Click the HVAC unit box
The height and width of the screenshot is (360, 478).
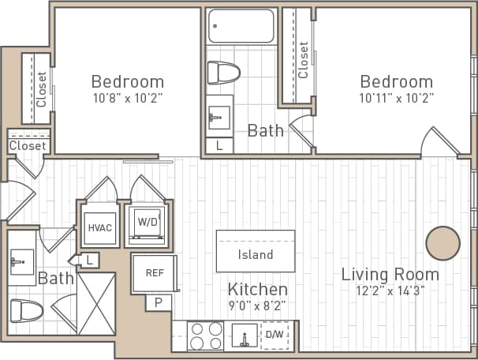pyautogui.click(x=100, y=227)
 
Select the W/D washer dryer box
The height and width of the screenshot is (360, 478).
pyautogui.click(x=147, y=223)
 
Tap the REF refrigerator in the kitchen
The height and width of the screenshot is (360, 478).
pyautogui.click(x=154, y=273)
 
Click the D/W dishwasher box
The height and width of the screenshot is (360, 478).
pyautogui.click(x=274, y=335)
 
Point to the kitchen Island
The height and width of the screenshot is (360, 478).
pyautogui.click(x=256, y=253)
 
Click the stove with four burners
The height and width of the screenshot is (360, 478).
pyautogui.click(x=204, y=336)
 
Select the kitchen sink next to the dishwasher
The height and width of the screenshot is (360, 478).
pyautogui.click(x=245, y=336)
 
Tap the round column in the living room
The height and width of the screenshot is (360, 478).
pyautogui.click(x=443, y=243)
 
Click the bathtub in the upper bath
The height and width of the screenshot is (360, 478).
pyautogui.click(x=241, y=26)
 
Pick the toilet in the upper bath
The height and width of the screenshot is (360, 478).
pyautogui.click(x=223, y=73)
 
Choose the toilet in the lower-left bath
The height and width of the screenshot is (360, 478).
pyautogui.click(x=26, y=309)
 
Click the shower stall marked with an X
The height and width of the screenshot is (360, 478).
pyautogui.click(x=96, y=304)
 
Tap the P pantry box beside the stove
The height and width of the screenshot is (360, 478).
pyautogui.click(x=158, y=302)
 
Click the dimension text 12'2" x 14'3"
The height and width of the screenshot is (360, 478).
pyautogui.click(x=390, y=290)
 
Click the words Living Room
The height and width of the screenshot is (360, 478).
pyautogui.click(x=390, y=274)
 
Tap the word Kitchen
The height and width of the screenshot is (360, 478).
pyautogui.click(x=257, y=289)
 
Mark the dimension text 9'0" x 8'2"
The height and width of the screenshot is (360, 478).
pyautogui.click(x=257, y=304)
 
